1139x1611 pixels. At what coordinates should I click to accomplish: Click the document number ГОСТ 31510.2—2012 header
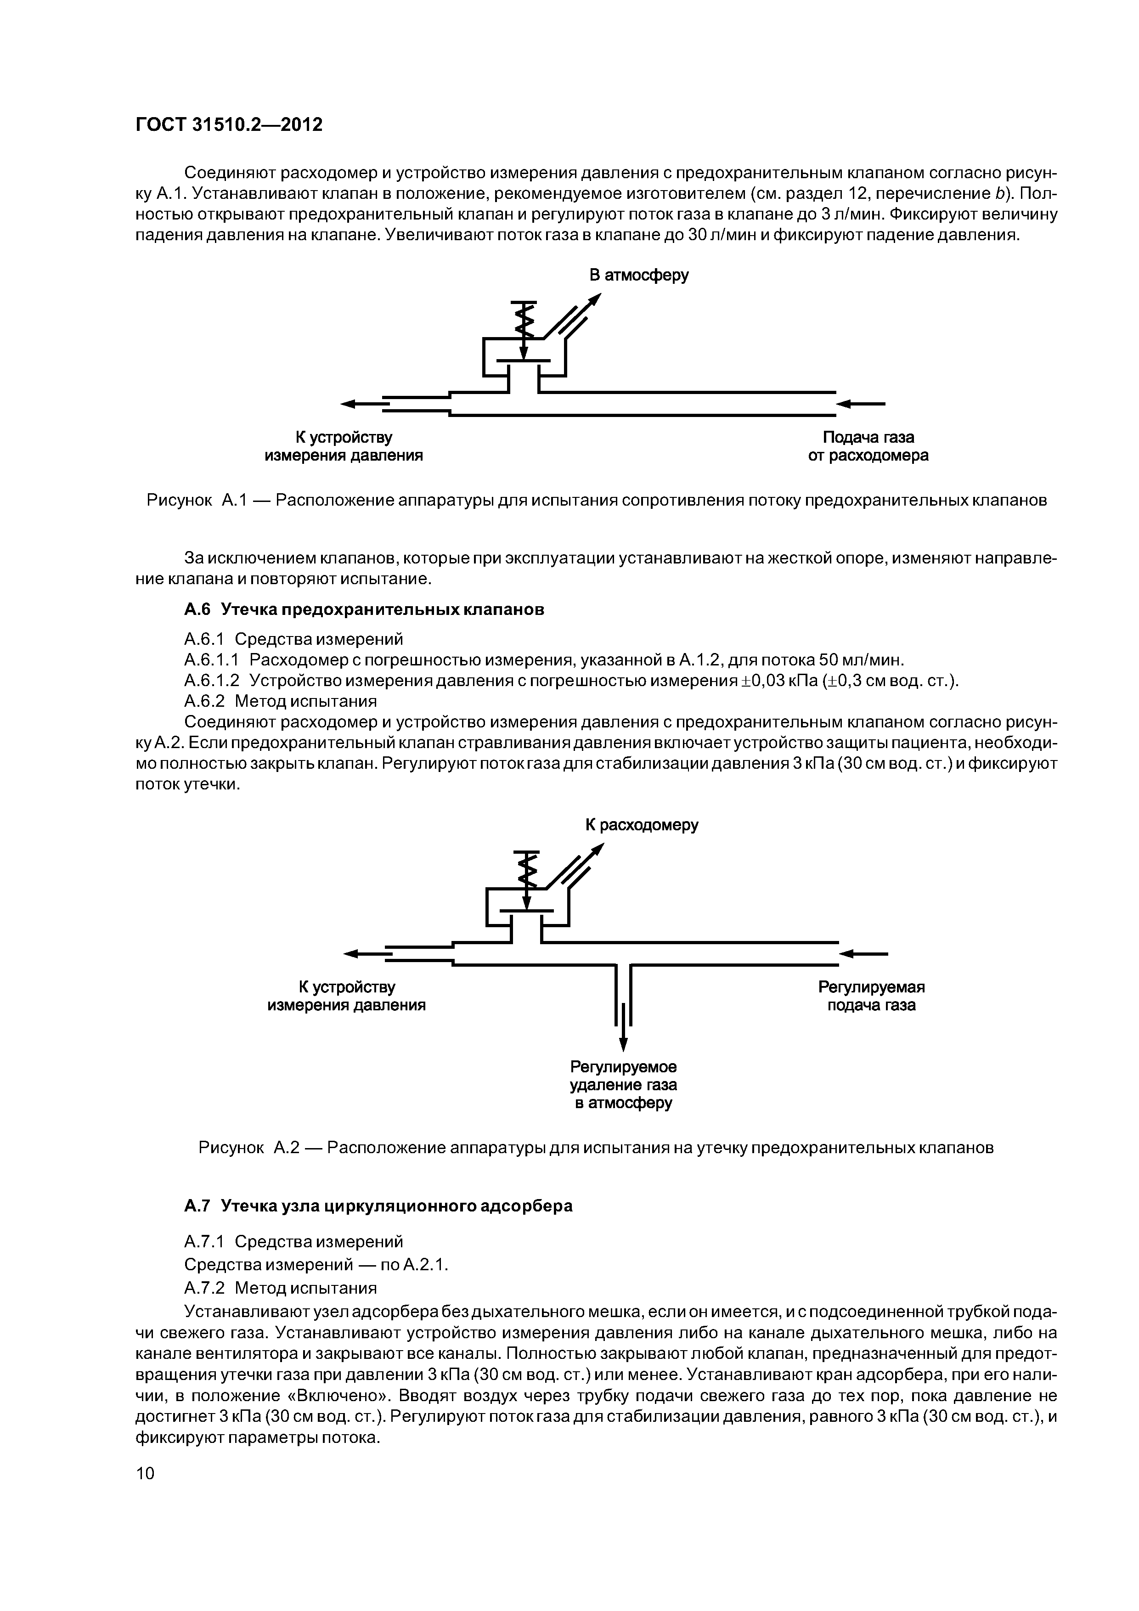(x=229, y=125)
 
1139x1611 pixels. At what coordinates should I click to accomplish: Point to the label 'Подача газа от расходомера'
(x=868, y=446)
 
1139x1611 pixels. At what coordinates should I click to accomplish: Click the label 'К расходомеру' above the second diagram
(x=642, y=825)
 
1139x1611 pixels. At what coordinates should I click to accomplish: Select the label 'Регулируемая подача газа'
(x=871, y=997)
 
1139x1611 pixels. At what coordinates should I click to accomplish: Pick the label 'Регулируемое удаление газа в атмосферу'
(x=623, y=1086)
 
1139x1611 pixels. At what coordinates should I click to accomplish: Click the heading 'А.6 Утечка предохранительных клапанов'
(x=364, y=610)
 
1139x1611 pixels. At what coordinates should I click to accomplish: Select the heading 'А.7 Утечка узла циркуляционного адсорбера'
(x=378, y=1205)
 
